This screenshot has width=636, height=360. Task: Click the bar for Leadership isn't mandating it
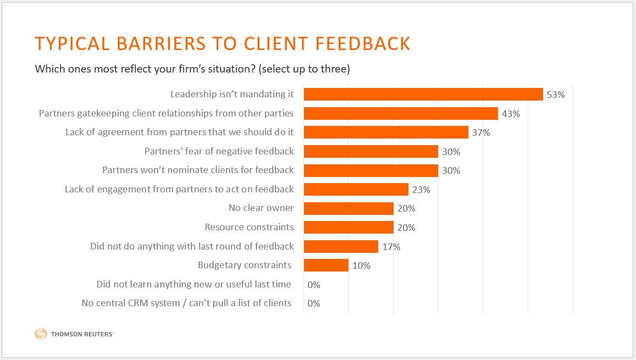pyautogui.click(x=423, y=95)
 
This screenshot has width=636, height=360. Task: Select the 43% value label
pyautogui.click(x=511, y=114)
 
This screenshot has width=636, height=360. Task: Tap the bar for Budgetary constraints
pyautogui.click(x=326, y=265)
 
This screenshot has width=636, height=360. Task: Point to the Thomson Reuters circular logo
pyautogui.click(x=41, y=333)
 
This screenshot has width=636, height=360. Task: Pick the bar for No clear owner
pyautogui.click(x=349, y=208)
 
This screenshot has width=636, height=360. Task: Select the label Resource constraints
pyautogui.click(x=249, y=227)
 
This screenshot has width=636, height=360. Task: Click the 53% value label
pyautogui.click(x=556, y=95)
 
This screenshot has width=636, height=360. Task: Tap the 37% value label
pyautogui.click(x=481, y=132)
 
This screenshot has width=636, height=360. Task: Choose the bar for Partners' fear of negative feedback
pyautogui.click(x=371, y=151)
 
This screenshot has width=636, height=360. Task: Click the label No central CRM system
pyautogui.click(x=186, y=303)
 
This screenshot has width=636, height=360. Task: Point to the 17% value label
pyautogui.click(x=391, y=247)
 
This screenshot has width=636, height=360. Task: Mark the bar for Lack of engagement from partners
pyautogui.click(x=356, y=190)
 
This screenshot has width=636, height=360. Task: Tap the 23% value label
pyautogui.click(x=421, y=190)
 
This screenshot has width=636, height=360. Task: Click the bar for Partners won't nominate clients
pyautogui.click(x=371, y=170)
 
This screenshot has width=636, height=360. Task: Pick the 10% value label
pyautogui.click(x=361, y=265)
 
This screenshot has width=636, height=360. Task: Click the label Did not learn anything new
pyautogui.click(x=193, y=284)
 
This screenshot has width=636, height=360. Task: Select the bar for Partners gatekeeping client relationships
pyautogui.click(x=401, y=114)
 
